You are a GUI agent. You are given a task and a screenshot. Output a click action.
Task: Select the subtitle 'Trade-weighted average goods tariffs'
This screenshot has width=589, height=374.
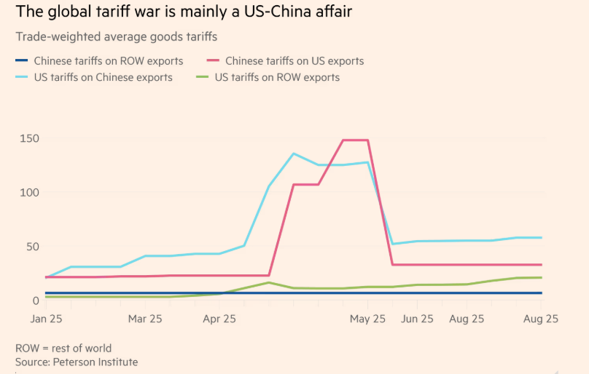click(x=116, y=36)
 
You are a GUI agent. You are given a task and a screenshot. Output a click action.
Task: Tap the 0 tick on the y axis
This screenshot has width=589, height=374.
click(x=35, y=300)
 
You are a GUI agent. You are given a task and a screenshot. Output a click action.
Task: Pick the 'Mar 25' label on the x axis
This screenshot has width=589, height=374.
click(x=145, y=319)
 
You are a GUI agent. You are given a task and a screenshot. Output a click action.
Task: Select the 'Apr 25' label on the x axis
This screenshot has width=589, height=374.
click(x=219, y=319)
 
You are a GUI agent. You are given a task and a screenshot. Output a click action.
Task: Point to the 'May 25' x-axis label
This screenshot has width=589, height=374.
click(x=368, y=319)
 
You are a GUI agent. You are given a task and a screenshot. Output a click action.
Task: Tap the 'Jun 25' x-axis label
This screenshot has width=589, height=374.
click(x=418, y=319)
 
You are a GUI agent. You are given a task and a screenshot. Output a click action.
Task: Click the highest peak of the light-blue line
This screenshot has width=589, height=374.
click(x=294, y=154)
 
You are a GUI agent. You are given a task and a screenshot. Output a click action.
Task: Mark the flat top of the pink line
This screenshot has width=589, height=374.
click(x=356, y=140)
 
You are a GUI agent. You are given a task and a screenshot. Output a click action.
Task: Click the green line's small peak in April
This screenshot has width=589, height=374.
click(x=269, y=282)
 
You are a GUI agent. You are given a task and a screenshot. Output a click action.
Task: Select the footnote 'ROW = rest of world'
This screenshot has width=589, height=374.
click(x=63, y=348)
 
